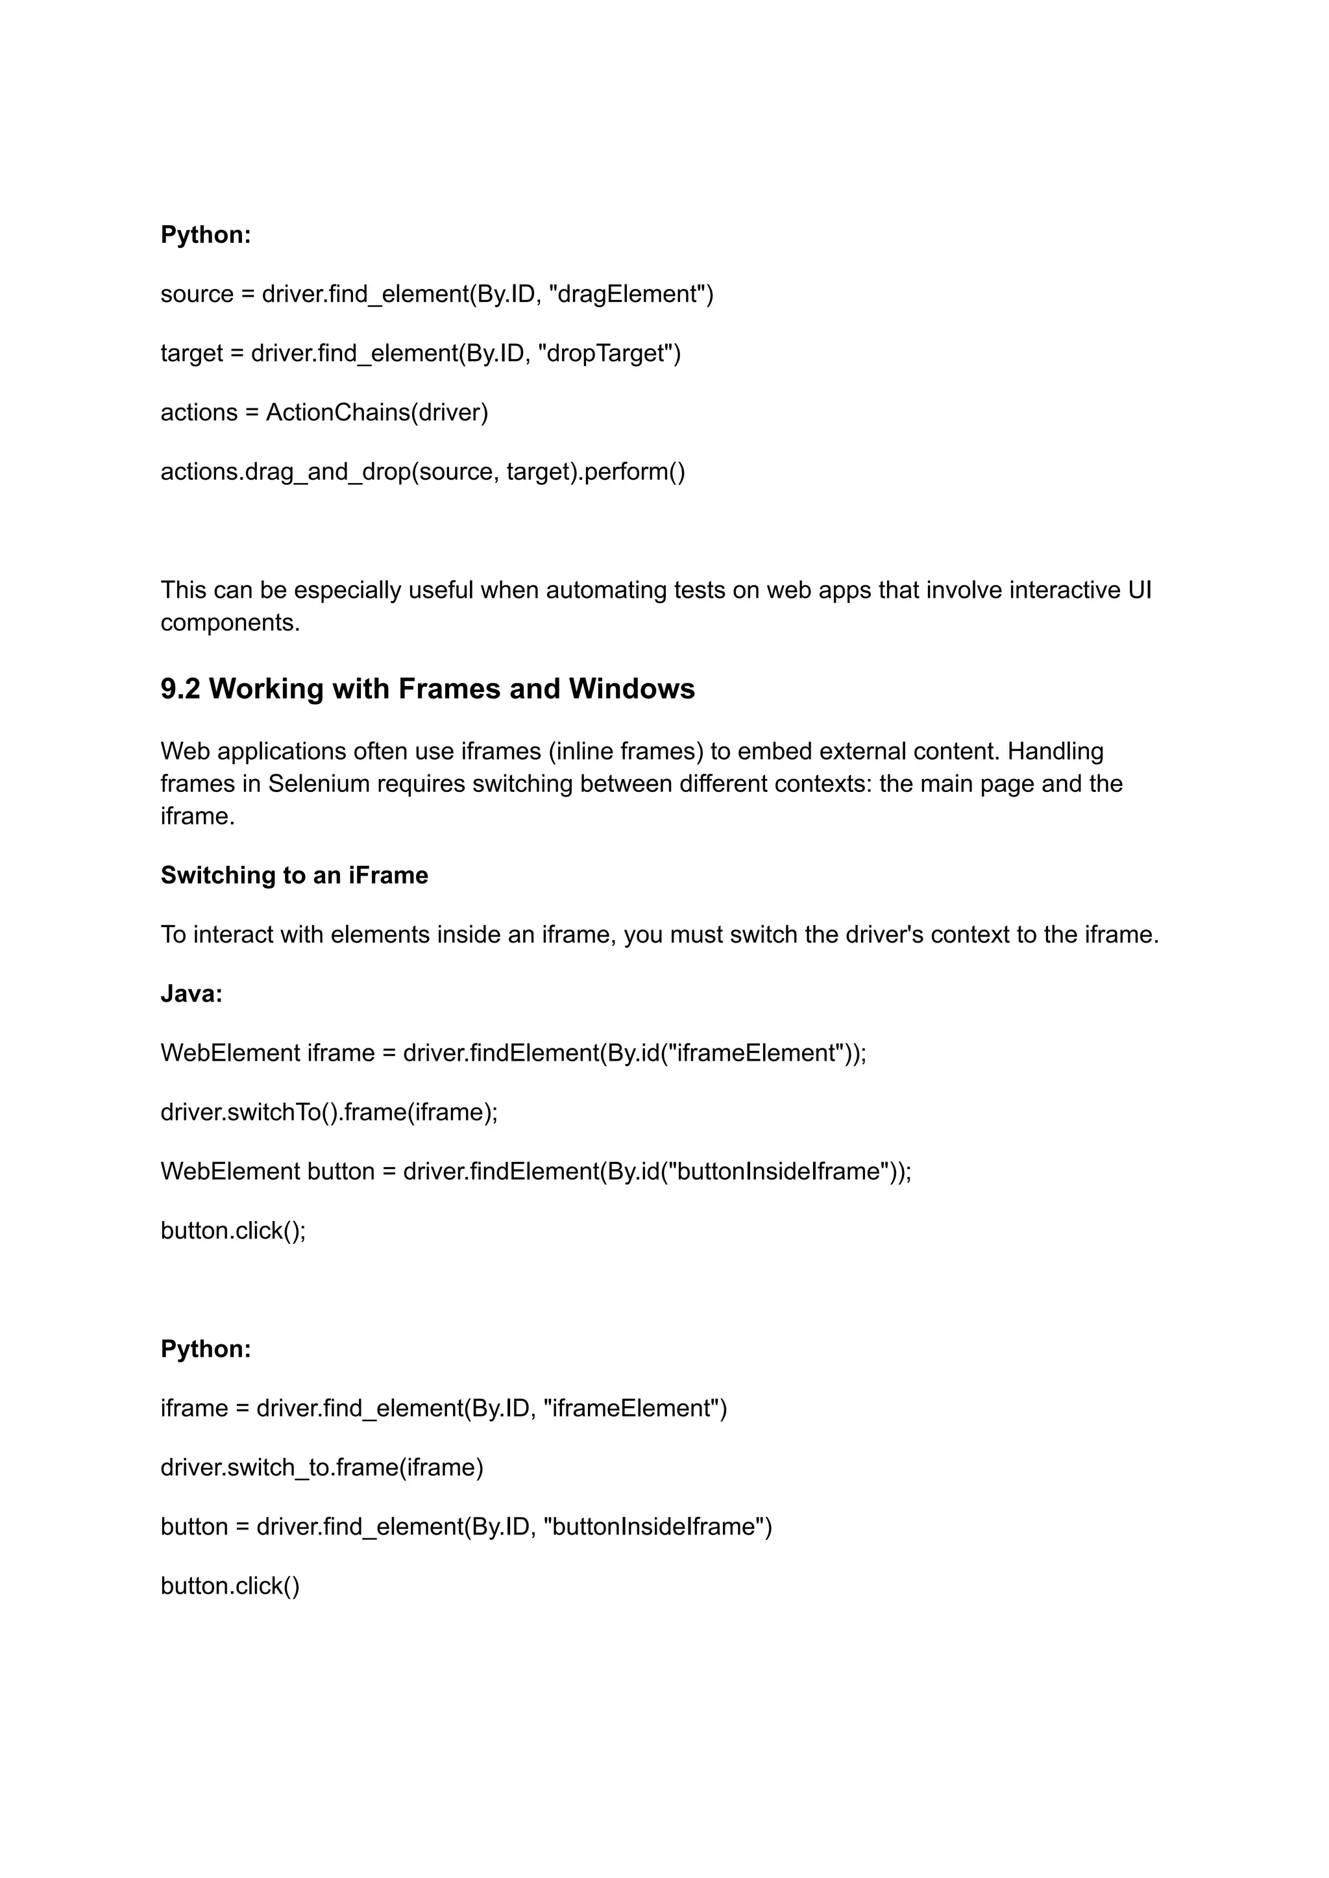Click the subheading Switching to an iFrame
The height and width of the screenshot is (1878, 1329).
pyautogui.click(x=294, y=875)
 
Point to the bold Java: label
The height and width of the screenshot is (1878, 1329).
pyautogui.click(x=191, y=994)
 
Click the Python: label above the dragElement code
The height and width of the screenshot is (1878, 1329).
pyautogui.click(x=206, y=235)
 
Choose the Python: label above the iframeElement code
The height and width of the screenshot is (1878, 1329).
pyautogui.click(x=206, y=1349)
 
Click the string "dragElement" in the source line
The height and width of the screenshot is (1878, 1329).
pyautogui.click(x=624, y=294)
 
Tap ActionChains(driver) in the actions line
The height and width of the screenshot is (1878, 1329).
pyautogui.click(x=376, y=413)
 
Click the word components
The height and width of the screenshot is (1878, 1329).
pyautogui.click(x=230, y=623)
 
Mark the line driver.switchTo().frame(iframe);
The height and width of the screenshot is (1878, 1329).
pyautogui.click(x=329, y=1113)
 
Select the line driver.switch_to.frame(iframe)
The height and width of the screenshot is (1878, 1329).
pyautogui.click(x=322, y=1468)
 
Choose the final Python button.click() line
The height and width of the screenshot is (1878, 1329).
pyautogui.click(x=230, y=1587)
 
